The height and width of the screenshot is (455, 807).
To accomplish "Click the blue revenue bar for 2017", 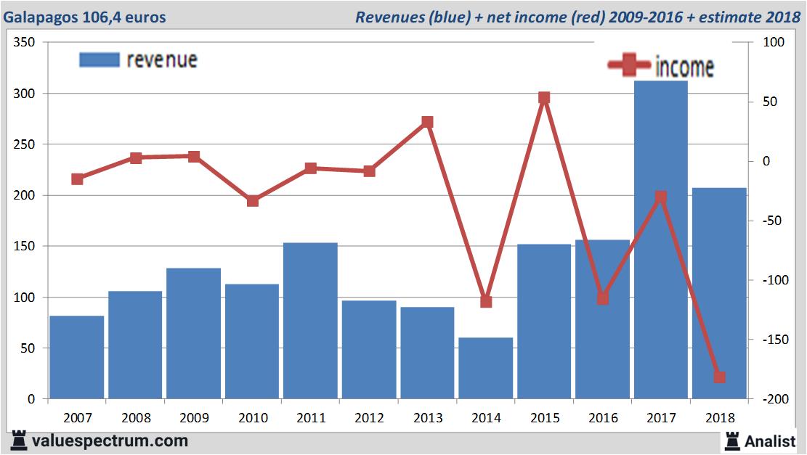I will click(x=660, y=239).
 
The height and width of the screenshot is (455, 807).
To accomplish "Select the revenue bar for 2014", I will click(x=485, y=368).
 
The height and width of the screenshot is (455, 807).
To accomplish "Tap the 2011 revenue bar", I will click(x=310, y=321).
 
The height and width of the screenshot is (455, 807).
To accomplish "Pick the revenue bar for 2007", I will click(x=77, y=357).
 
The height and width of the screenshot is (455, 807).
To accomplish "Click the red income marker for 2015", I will click(x=544, y=98).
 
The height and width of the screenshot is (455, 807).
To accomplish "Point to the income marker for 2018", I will click(x=719, y=377).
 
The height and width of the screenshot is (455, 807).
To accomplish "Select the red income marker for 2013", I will click(x=427, y=122).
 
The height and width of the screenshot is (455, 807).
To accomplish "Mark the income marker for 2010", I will click(x=252, y=201).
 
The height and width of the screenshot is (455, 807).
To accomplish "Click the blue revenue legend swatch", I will click(x=98, y=60).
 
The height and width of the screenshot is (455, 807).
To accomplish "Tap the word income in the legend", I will click(x=684, y=67).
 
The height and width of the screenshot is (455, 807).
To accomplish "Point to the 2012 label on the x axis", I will click(x=369, y=419).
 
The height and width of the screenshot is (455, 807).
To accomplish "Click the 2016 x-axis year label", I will click(x=602, y=419).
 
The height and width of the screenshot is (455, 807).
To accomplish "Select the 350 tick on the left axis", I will click(x=25, y=43).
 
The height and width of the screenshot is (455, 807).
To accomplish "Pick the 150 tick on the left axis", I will click(x=25, y=247).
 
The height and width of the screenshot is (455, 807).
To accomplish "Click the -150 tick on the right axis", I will click(x=773, y=340).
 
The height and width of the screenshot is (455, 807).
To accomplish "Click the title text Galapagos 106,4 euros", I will click(x=84, y=17).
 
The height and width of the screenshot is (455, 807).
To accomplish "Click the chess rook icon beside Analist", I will click(x=732, y=440).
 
